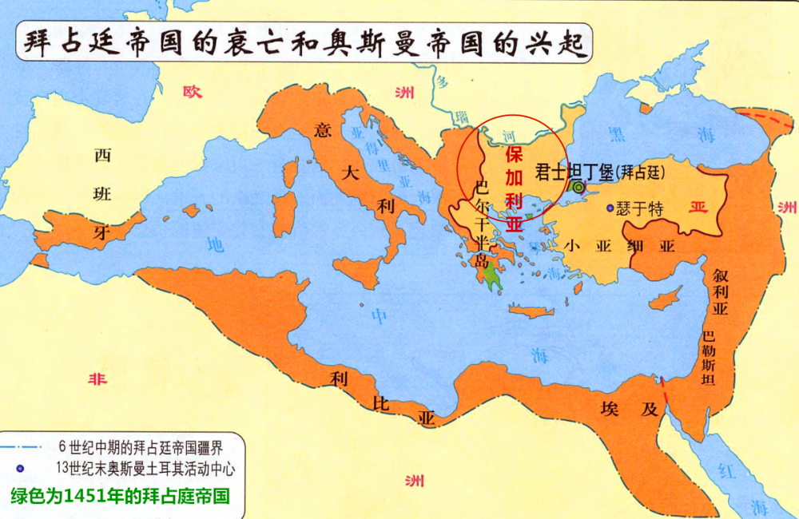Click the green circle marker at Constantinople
pyautogui.click(x=578, y=187)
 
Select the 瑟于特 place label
pyautogui.click(x=640, y=209)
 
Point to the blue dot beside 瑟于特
pyautogui.click(x=610, y=208)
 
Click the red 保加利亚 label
pyautogui.click(x=515, y=187)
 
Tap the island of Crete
pyautogui.click(x=527, y=311)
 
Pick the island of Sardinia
pyautogui.click(x=284, y=211)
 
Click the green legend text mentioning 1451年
pyautogui.click(x=120, y=495)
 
